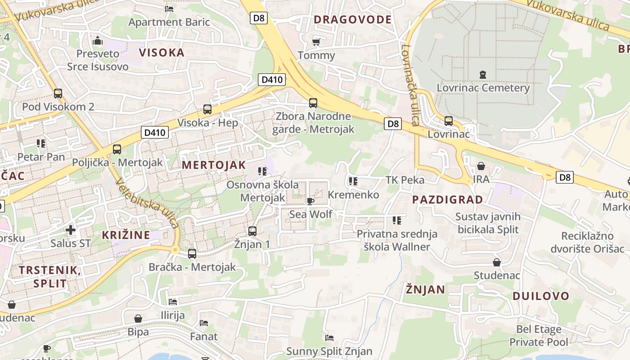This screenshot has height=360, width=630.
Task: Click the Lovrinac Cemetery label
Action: pyautogui.click(x=483, y=87)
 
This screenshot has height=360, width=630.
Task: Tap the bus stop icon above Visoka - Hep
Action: pyautogui.click(x=207, y=109)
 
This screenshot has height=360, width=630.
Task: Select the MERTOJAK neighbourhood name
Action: pyautogui.click(x=214, y=165)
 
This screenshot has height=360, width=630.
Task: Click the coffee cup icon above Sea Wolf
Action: pyautogui.click(x=310, y=201)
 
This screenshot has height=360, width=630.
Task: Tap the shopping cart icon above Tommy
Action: pyautogui.click(x=316, y=42)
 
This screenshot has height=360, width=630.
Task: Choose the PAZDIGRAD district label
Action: pyautogui.click(x=447, y=199)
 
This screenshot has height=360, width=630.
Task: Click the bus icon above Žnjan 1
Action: pyautogui.click(x=252, y=231)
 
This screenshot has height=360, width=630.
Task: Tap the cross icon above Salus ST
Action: pyautogui.click(x=71, y=230)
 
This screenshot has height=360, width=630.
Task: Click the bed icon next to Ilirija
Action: pyautogui.click(x=173, y=301)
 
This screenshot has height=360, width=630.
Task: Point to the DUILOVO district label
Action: pyautogui.click(x=541, y=296)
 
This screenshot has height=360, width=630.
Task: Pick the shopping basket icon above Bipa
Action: pyautogui.click(x=138, y=319)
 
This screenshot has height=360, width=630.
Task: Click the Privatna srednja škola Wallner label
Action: pyautogui.click(x=396, y=240)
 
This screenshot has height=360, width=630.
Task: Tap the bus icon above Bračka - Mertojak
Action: pyautogui.click(x=192, y=254)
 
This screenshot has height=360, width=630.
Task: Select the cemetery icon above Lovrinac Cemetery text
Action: pyautogui.click(x=483, y=74)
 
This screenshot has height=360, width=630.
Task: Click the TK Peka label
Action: pyautogui.click(x=405, y=180)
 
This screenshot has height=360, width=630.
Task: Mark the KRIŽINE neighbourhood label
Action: pyautogui.click(x=126, y=235)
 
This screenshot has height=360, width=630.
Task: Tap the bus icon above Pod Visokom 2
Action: pyautogui.click(x=58, y=94)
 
